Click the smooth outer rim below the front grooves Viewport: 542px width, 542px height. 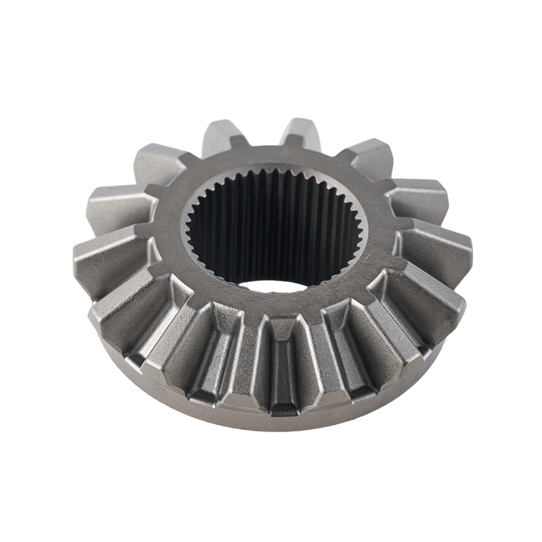click(285, 427)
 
